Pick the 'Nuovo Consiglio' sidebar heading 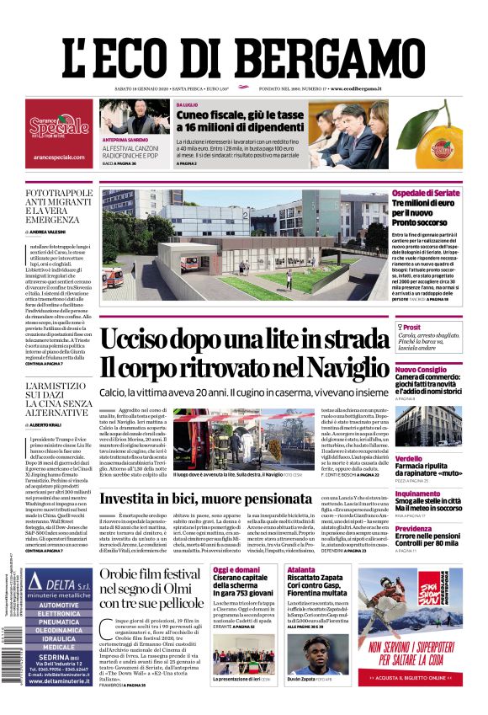point(444,370)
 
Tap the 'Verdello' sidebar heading point(432,435)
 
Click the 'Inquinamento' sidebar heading point(440,494)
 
